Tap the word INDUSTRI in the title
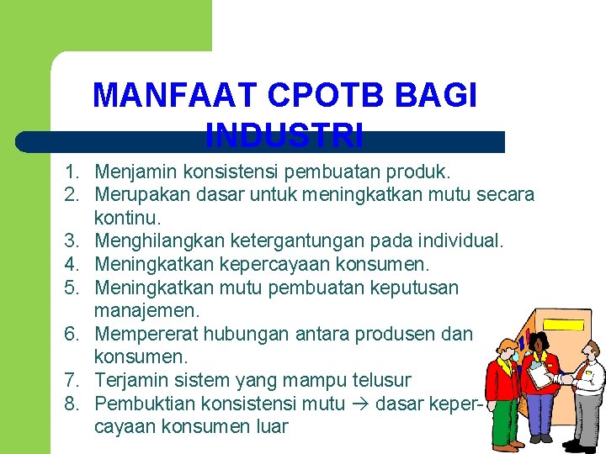tap(284, 134)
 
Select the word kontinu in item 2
tap(128, 219)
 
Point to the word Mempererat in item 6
tap(145, 334)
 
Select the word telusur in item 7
tap(381, 380)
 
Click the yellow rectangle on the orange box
tap(565, 323)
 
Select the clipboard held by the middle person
tap(540, 377)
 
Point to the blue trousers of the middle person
tap(541, 416)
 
